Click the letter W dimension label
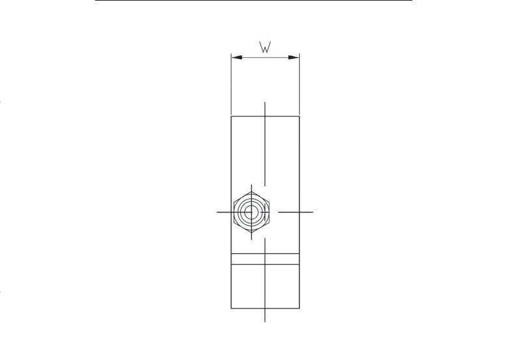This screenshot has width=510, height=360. click(265, 47)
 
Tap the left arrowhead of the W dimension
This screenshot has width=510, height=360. click(237, 57)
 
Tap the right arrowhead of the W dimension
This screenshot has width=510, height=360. click(294, 57)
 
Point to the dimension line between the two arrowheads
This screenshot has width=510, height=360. click(265, 57)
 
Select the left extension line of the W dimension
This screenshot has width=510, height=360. click(231, 84)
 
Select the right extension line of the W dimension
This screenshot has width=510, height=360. click(299, 84)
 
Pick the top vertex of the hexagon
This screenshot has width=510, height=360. click(251, 191)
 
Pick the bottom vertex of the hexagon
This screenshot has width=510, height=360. click(251, 232)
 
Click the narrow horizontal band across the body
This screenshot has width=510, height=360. click(265, 259)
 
